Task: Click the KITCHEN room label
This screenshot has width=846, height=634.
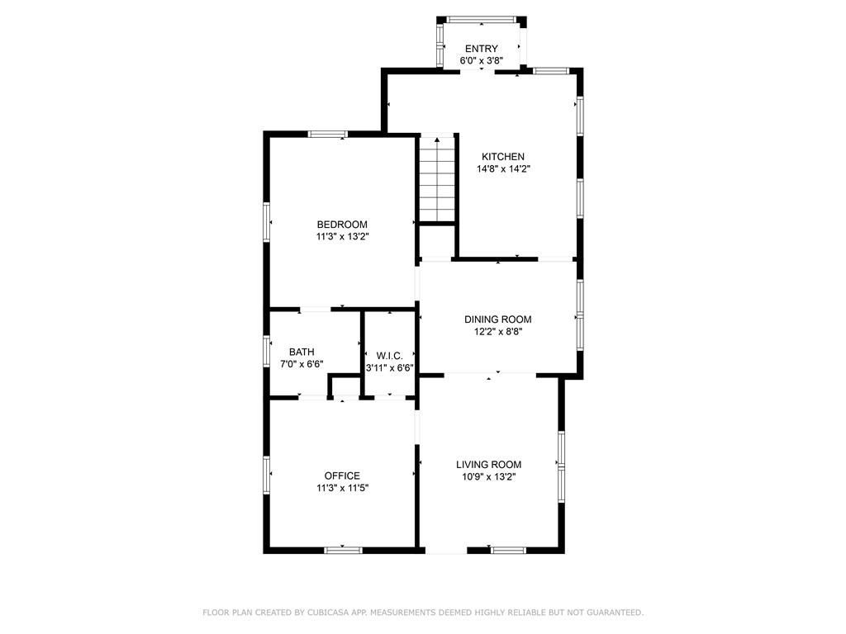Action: [503, 156]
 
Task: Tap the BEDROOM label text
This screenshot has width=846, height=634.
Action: [342, 225]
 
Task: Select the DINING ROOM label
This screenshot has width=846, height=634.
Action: [498, 319]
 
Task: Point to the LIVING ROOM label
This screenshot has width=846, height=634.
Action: [489, 464]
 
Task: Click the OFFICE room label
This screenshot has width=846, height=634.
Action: [342, 475]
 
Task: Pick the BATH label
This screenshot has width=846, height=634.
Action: [302, 352]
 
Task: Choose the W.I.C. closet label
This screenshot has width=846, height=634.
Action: [390, 356]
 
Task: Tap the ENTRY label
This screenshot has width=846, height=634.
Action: [482, 49]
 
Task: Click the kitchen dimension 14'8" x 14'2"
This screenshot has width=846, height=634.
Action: [503, 168]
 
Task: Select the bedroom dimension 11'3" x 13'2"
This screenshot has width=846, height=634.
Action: [343, 237]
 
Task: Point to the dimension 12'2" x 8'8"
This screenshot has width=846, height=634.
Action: [498, 332]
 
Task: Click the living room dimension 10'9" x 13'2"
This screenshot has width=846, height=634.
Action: [489, 476]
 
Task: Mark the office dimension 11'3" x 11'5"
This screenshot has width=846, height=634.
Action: [343, 488]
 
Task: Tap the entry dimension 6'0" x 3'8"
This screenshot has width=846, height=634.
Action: [482, 61]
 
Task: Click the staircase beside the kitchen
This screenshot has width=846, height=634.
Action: [437, 179]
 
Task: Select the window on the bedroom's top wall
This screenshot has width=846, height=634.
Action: [327, 134]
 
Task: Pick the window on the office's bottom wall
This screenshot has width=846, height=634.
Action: [343, 550]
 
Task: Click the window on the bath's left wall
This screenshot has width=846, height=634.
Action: [266, 351]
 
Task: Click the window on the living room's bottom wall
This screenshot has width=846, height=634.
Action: [508, 550]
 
